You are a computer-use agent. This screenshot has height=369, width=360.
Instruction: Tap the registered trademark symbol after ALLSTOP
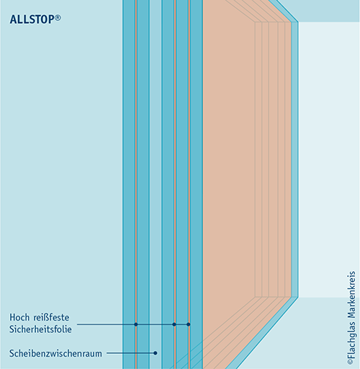58,18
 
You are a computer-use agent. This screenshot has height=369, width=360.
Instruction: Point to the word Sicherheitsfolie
40,329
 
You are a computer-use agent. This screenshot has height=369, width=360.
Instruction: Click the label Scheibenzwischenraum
55,353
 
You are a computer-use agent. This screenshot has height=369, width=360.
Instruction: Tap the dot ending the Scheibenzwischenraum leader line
156,353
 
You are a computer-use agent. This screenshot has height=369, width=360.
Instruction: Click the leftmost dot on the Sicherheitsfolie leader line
136,324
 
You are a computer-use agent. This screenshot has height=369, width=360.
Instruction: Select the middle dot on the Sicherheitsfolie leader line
174,324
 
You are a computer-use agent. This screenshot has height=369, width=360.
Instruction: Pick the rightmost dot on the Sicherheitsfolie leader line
189,324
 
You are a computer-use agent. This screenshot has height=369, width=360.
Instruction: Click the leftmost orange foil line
136,184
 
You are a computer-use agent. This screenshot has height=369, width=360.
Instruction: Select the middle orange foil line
175,184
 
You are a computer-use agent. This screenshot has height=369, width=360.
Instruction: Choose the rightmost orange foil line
189,184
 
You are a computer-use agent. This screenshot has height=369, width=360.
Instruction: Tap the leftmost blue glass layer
129,184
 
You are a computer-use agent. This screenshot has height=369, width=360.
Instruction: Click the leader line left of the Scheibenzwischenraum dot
130,353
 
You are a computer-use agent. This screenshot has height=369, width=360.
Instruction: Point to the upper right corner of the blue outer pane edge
298,22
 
